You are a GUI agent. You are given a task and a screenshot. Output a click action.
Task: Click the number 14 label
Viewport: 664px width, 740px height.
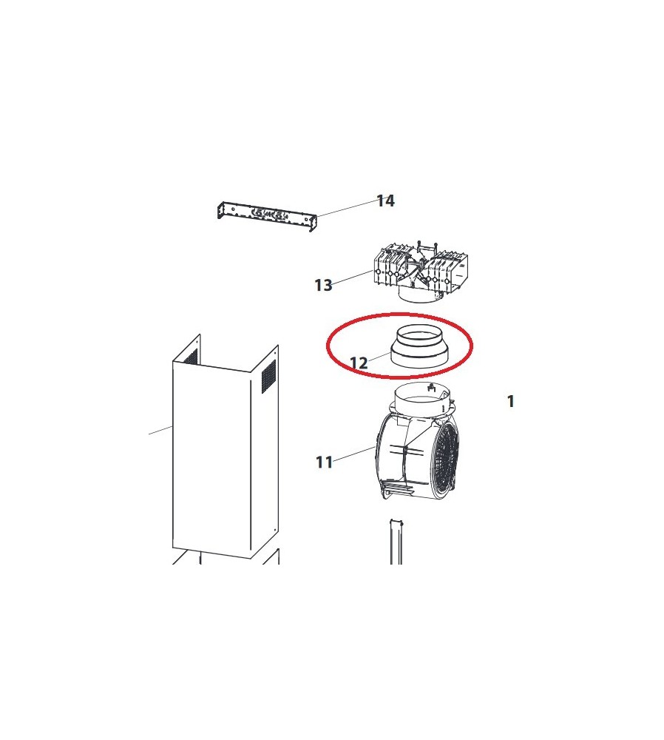385,201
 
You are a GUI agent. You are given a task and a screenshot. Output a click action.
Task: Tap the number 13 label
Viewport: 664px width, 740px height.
323,285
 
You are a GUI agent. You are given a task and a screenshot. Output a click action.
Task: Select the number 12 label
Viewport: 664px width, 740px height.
359,363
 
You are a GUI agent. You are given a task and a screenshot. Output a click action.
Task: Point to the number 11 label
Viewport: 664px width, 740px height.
324,462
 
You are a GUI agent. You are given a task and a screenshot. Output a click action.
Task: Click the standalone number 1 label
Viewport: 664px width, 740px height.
510,401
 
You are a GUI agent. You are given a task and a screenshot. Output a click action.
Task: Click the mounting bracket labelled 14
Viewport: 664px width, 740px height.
266,215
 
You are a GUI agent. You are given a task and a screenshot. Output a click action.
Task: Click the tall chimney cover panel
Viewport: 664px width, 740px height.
226,447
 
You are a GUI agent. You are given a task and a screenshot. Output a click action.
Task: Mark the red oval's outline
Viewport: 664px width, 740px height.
328,346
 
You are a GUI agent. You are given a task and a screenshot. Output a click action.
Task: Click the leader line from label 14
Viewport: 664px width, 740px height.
347,209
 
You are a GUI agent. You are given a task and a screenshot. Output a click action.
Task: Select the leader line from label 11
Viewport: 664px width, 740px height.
355,454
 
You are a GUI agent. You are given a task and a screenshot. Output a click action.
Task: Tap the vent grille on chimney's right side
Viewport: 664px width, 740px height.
268,377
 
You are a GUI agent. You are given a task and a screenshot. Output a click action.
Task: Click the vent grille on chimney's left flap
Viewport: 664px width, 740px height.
190,357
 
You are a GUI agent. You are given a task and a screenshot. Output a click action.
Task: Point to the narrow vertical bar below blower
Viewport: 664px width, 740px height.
396,542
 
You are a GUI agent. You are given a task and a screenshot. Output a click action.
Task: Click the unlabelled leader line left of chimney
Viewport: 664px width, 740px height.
160,430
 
